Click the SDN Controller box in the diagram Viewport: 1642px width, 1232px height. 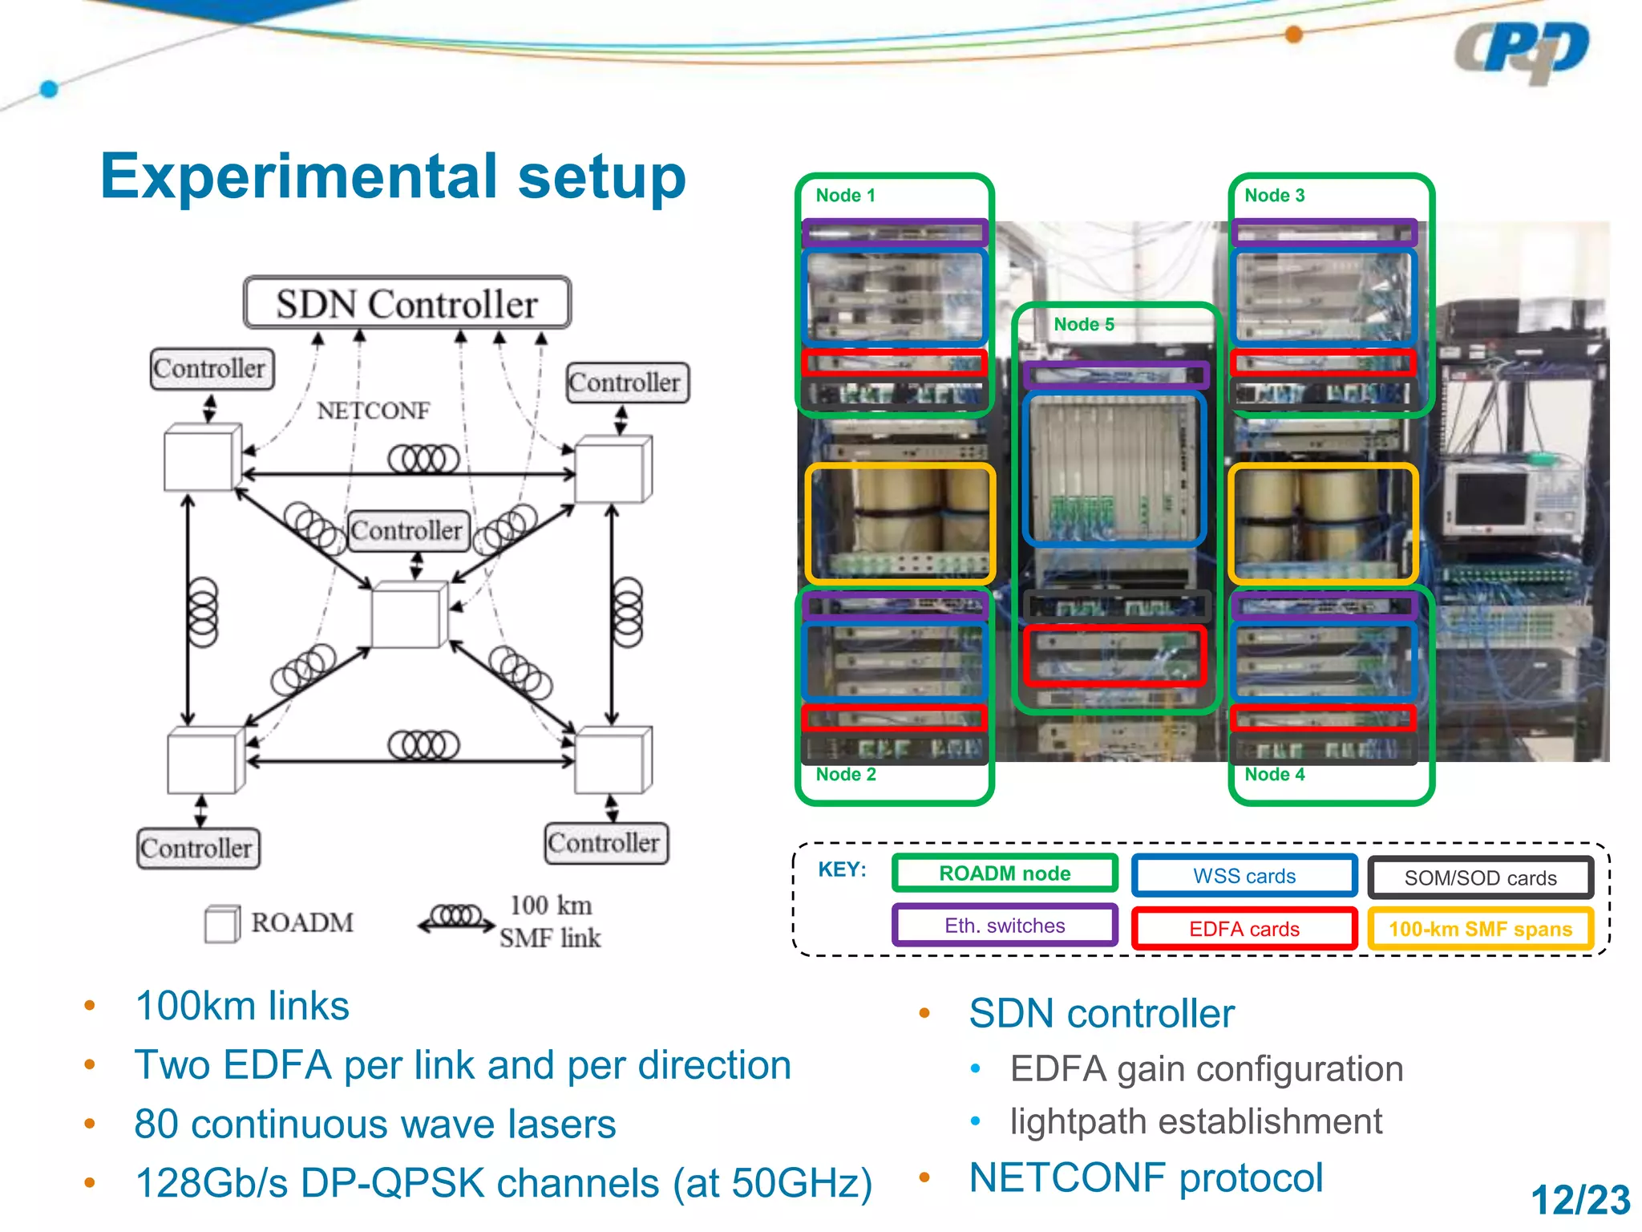pyautogui.click(x=407, y=303)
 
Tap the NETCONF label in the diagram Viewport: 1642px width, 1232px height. pyautogui.click(x=373, y=411)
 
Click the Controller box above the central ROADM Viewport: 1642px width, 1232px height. pyautogui.click(x=408, y=530)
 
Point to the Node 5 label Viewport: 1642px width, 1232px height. pyautogui.click(x=1083, y=324)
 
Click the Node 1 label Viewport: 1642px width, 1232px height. pyautogui.click(x=845, y=195)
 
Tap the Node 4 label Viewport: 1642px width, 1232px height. pyautogui.click(x=1274, y=774)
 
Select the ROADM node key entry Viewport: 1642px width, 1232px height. pyautogui.click(x=1005, y=873)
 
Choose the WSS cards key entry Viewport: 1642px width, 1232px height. pyautogui.click(x=1244, y=876)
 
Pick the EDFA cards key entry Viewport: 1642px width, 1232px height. pyautogui.click(x=1244, y=929)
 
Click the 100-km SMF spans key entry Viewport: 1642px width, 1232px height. pyautogui.click(x=1480, y=929)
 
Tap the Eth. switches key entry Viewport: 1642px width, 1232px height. pyautogui.click(x=1005, y=926)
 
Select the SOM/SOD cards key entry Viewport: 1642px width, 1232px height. pyautogui.click(x=1480, y=877)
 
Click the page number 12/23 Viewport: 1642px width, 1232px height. pyautogui.click(x=1579, y=1200)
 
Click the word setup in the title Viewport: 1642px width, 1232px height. pyautogui.click(x=601, y=176)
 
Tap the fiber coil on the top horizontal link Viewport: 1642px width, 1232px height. pyautogui.click(x=423, y=459)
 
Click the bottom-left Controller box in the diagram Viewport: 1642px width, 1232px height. pyautogui.click(x=197, y=848)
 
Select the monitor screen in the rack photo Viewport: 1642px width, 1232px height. pyautogui.click(x=1490, y=498)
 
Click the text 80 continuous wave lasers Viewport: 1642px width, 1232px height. pyautogui.click(x=374, y=1124)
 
